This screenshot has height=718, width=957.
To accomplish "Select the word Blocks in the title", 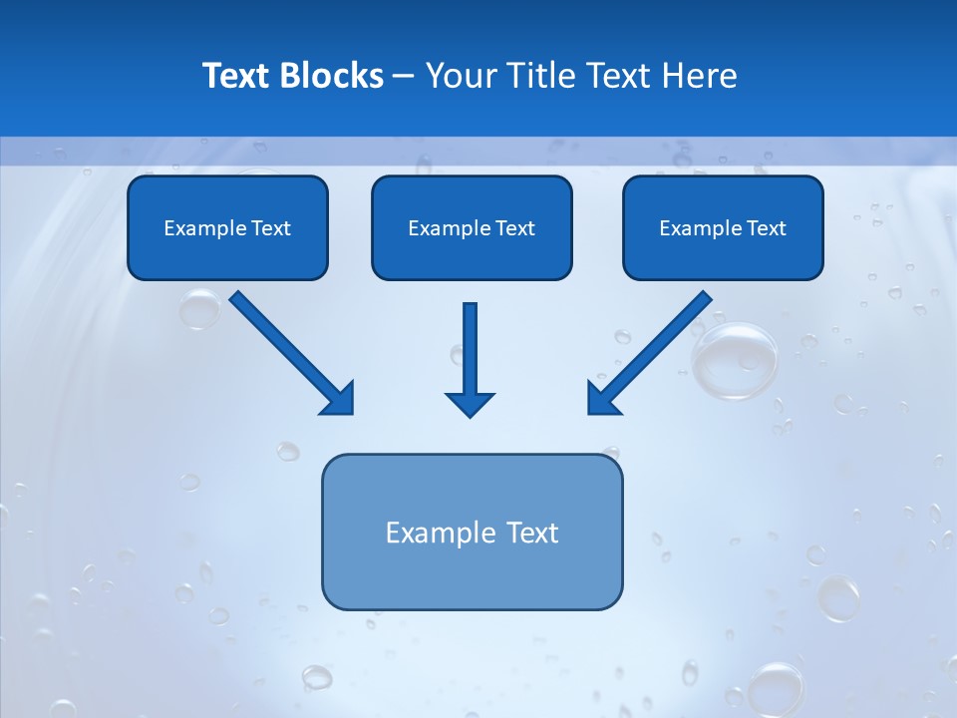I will coord(333,76).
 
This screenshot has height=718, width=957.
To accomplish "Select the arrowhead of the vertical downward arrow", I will coord(470,404).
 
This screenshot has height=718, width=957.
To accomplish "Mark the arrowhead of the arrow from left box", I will coord(339,399).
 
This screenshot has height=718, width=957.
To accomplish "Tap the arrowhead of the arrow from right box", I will coord(601,399).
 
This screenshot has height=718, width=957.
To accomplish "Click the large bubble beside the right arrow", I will coord(736,361).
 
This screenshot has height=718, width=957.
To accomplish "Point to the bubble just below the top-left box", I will coord(199,309).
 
